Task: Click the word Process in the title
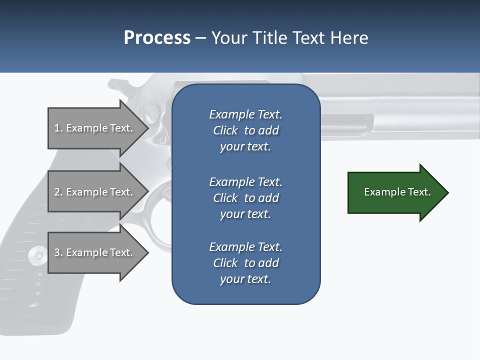[x=157, y=38]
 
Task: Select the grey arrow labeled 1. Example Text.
[x=95, y=128]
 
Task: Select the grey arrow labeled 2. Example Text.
[x=95, y=192]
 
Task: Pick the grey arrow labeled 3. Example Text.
[x=95, y=252]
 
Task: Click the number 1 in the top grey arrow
[x=57, y=128]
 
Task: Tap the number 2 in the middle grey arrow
[x=57, y=192]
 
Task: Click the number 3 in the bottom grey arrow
[x=57, y=252]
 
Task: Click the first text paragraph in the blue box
[x=245, y=130]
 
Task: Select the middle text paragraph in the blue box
[x=245, y=198]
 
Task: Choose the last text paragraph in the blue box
[x=245, y=263]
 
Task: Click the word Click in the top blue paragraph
[x=225, y=130]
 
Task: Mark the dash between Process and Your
[x=200, y=38]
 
